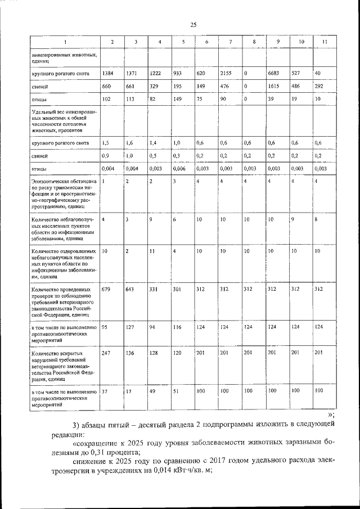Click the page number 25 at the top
[193, 24]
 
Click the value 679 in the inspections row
[106, 289]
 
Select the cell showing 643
[130, 289]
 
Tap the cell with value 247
[106, 353]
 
